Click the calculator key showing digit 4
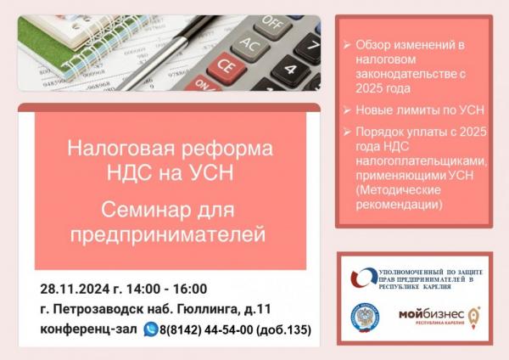[x=291, y=69]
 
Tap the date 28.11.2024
[x=75, y=289]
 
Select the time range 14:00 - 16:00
[x=166, y=289]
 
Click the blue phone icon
[x=151, y=329]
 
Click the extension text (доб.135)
[x=283, y=329]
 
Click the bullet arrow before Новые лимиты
[x=347, y=110]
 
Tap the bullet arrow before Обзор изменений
[x=347, y=45]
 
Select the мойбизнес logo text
[x=432, y=314]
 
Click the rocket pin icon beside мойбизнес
[x=473, y=318]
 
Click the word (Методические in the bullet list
[x=399, y=190]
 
